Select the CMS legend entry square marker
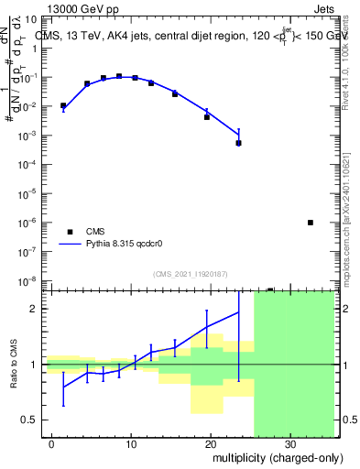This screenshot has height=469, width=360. coord(68,232)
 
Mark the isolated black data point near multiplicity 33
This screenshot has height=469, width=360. coord(311,223)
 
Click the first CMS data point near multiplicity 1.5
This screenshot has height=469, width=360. coord(63,106)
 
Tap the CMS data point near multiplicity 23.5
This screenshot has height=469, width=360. coord(238,143)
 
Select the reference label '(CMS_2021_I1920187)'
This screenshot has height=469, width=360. coord(190,273)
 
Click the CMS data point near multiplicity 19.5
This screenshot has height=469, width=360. coord(207,117)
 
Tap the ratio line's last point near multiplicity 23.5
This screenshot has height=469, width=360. coord(238,311)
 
